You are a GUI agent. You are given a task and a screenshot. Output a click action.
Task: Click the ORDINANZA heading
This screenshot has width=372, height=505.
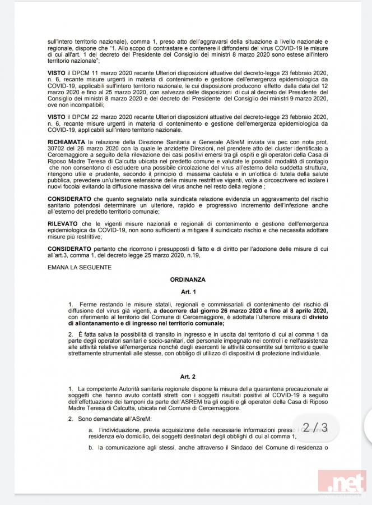pos(188,278)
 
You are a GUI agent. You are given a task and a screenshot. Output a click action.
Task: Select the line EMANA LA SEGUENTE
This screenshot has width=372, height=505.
pos(80,267)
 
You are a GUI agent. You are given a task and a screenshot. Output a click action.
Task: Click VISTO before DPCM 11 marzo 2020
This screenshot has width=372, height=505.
pos(57,74)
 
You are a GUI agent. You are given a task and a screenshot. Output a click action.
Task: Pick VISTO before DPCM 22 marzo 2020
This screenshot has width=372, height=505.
pos(57,116)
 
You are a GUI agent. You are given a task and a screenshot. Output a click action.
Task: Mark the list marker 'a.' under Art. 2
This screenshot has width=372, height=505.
pos(91,430)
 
